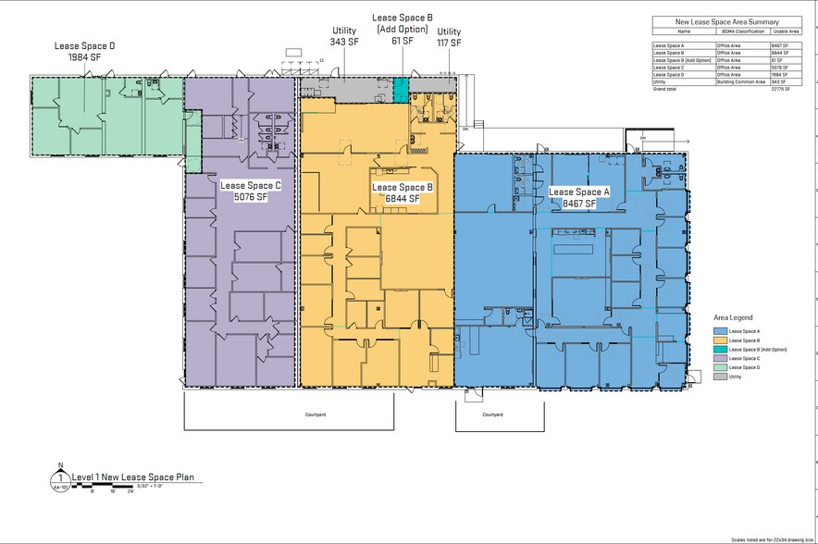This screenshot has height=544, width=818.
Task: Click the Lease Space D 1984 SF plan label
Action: click(84, 51)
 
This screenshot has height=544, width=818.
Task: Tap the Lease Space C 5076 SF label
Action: click(250, 191)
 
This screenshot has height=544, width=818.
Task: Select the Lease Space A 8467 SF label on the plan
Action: click(579, 197)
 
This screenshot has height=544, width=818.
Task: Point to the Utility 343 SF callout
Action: click(344, 36)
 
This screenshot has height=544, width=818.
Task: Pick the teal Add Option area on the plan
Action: click(400, 90)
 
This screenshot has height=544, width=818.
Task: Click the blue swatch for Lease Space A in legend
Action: click(719, 330)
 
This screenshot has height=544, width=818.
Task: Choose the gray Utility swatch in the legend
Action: click(719, 377)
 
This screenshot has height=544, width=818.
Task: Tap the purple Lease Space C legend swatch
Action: click(719, 358)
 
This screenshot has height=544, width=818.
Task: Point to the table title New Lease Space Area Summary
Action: click(727, 21)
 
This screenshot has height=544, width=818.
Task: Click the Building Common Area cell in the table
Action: click(742, 81)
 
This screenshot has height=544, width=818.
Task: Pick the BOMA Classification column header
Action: click(742, 31)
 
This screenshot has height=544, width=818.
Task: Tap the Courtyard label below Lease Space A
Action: click(492, 414)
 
